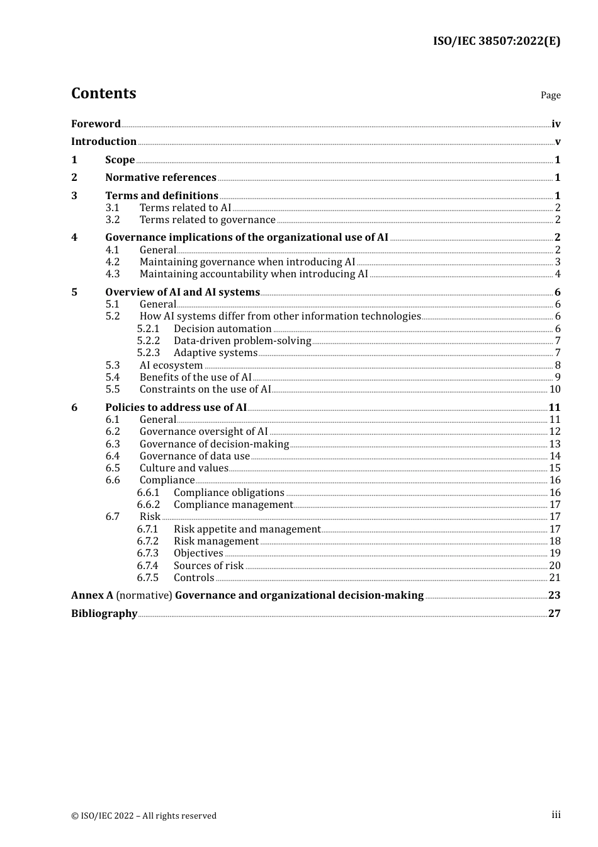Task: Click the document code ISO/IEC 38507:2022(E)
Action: point(496,41)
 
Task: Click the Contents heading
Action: point(103,93)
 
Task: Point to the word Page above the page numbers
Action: point(550,95)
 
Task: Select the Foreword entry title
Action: point(96,124)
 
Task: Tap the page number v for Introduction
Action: point(557,142)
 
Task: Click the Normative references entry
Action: point(161,178)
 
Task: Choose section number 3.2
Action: point(113,220)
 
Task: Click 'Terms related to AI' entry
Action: point(185,208)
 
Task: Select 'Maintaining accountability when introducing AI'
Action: point(254,274)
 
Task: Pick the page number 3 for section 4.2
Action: point(557,262)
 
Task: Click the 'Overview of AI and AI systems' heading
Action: point(183,292)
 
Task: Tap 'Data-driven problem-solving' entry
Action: point(242,341)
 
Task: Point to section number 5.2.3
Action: point(149,353)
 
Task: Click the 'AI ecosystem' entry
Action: point(171,366)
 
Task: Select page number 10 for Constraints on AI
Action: point(555,389)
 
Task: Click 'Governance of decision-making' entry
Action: point(214,444)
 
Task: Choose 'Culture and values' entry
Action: point(184,468)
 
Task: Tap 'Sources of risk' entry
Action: point(208,566)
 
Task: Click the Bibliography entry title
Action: point(104,614)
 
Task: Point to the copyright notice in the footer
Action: point(144,815)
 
